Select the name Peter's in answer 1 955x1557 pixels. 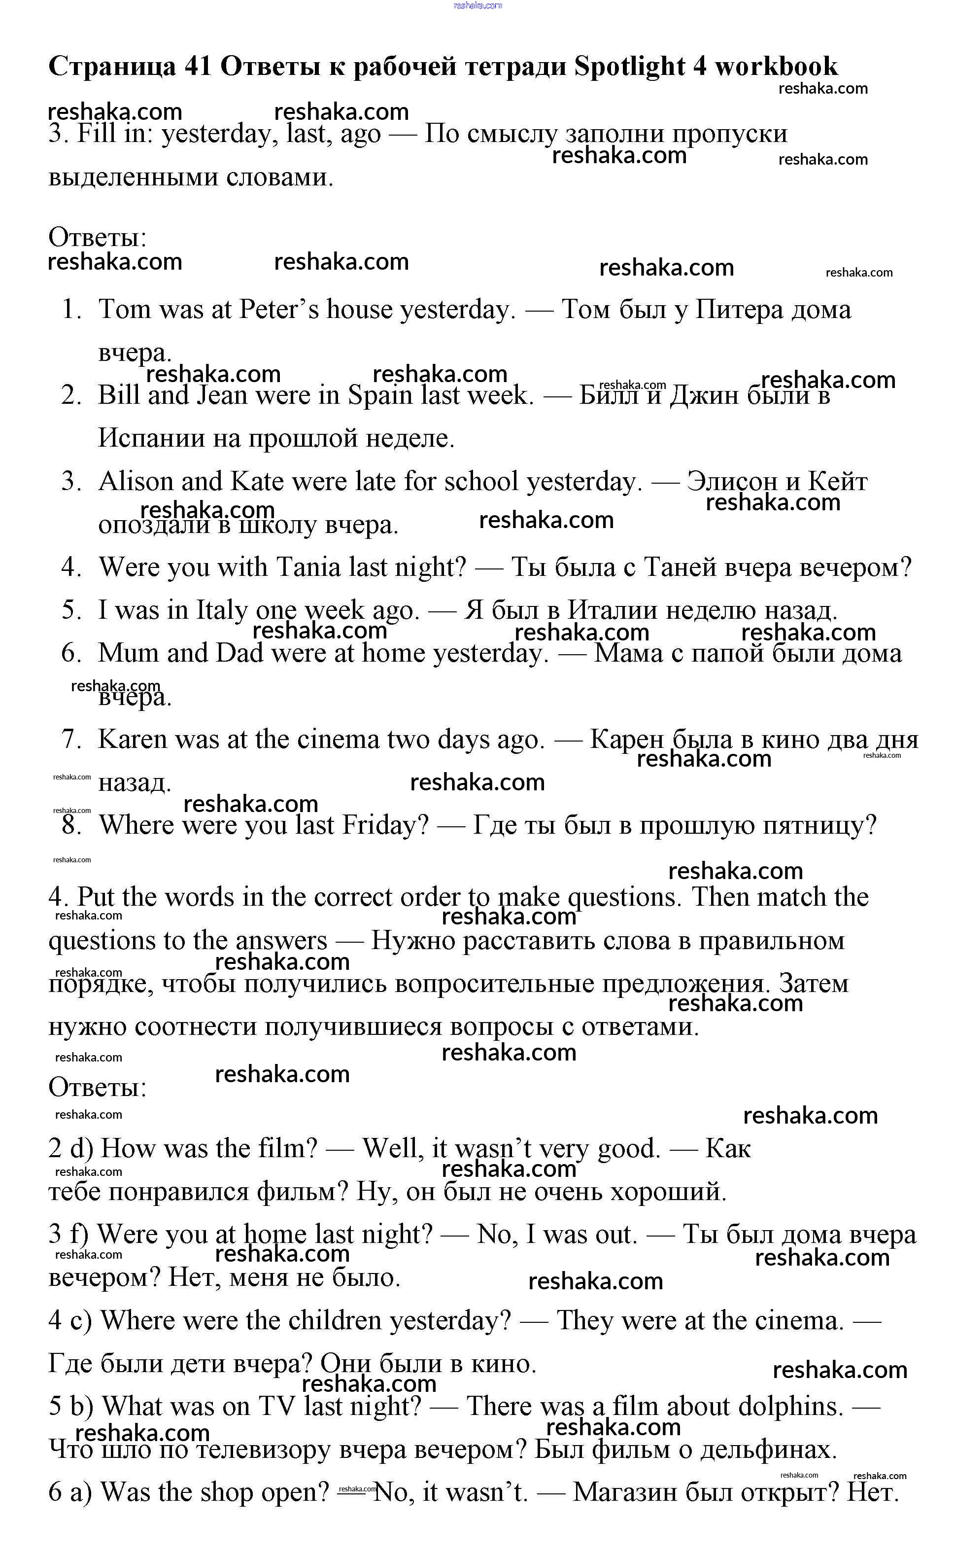278,310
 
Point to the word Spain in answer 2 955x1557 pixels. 380,395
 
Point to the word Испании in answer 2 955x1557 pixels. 152,438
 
